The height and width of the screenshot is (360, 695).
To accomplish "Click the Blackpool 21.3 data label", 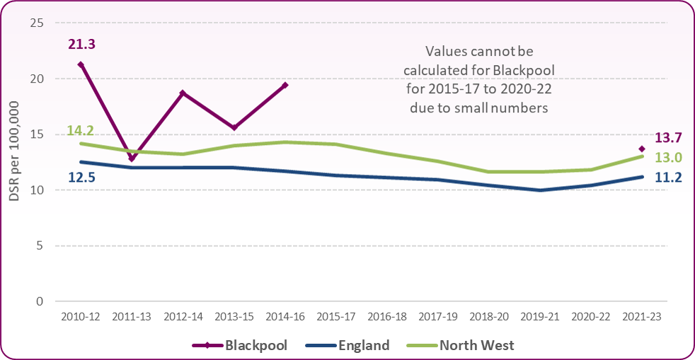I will click(x=81, y=45).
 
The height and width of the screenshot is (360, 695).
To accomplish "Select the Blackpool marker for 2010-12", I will click(x=81, y=64).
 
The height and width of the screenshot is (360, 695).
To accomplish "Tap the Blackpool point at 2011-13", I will click(x=132, y=159).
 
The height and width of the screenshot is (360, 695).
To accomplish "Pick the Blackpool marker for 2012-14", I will click(x=183, y=93).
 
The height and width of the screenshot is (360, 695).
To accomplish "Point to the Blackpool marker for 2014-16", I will click(x=285, y=85).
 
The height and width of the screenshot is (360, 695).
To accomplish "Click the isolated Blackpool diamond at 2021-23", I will click(x=642, y=149).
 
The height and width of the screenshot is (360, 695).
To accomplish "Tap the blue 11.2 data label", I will click(x=665, y=178).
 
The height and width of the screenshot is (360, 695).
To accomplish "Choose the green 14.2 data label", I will click(x=80, y=130).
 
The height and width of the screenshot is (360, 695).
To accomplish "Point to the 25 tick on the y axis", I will click(x=38, y=23).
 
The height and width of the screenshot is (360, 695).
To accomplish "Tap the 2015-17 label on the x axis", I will click(x=336, y=318).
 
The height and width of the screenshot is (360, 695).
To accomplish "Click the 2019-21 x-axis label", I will click(x=540, y=318).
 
